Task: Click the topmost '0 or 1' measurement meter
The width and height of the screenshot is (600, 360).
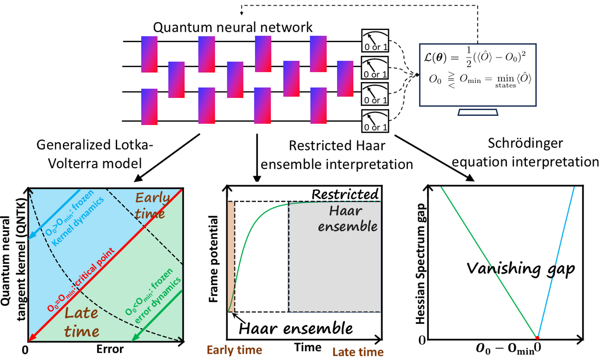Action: pyautogui.click(x=375, y=41)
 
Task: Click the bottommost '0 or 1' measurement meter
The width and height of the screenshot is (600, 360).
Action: pyautogui.click(x=375, y=121)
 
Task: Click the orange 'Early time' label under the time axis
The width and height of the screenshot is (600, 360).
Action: pyautogui.click(x=234, y=350)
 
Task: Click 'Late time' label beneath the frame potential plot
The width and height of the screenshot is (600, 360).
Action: pyautogui.click(x=358, y=351)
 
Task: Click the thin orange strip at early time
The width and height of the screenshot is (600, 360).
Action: pyautogui.click(x=231, y=255)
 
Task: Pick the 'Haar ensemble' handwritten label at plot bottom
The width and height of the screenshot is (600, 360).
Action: pyautogui.click(x=295, y=327)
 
